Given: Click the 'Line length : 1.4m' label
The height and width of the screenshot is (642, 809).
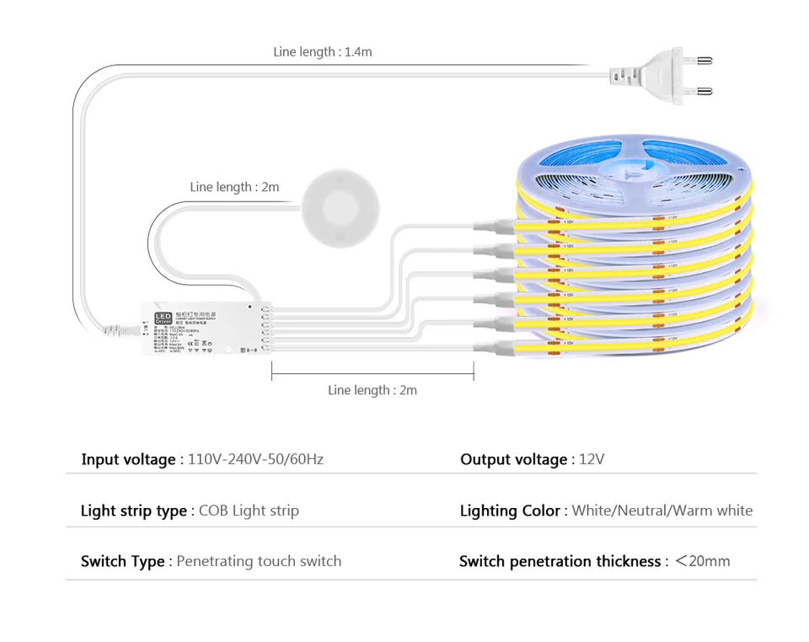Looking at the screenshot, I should [322, 52].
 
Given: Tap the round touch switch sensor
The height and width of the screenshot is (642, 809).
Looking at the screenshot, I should [340, 207].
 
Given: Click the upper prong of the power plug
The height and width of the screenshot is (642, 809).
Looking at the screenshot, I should [699, 61].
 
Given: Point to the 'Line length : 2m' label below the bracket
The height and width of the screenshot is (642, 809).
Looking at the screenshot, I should [372, 390].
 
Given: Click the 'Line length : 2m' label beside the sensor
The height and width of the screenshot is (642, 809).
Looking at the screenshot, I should [234, 187].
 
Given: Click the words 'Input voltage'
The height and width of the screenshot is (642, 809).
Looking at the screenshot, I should [128, 459].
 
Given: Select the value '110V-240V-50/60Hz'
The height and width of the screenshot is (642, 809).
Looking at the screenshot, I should [255, 459].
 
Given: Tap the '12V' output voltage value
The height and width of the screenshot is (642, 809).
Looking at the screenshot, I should [592, 459].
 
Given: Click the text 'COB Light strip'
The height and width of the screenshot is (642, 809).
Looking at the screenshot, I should [249, 511].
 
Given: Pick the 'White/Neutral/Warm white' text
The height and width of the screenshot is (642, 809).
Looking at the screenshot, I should [662, 511].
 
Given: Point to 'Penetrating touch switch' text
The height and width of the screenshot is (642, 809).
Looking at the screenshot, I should [259, 561].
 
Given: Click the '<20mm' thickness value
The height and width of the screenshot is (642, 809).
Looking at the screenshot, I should [702, 561].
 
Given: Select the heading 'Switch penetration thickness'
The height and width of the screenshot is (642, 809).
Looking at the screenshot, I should [560, 561].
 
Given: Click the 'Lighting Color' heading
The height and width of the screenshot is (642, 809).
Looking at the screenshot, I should [510, 511].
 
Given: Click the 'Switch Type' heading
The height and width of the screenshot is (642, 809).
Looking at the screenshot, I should [122, 561].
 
